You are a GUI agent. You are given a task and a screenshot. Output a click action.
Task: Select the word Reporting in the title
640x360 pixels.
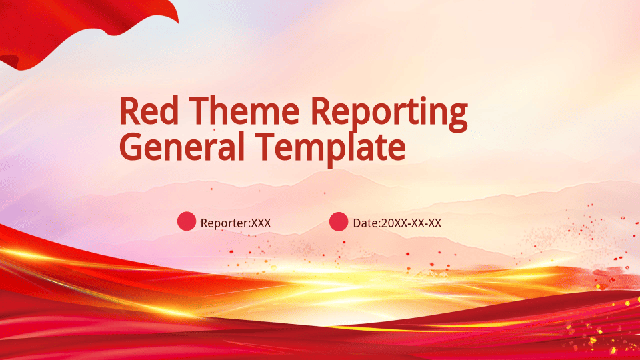389,114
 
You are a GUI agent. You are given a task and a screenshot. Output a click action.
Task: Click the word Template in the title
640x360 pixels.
331,149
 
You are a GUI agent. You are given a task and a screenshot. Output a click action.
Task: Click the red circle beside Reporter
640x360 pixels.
187,221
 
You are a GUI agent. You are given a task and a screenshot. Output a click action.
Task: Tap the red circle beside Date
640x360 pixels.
339,221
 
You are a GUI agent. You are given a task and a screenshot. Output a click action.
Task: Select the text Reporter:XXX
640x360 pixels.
235,223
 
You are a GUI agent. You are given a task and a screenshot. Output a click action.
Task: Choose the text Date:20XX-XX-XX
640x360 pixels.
397,223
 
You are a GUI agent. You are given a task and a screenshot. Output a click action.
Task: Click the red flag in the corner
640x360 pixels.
61,29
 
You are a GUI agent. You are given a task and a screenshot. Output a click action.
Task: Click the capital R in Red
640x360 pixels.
129,111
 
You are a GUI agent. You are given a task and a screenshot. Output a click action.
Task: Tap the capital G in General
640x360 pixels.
130,147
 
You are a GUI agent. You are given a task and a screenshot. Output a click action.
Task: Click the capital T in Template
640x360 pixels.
265,147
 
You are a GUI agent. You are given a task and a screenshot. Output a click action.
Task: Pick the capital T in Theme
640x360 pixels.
199,111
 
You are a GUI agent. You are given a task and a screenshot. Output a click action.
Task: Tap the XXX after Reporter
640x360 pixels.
261,223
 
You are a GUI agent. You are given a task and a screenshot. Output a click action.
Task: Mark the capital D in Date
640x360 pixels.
357,223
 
